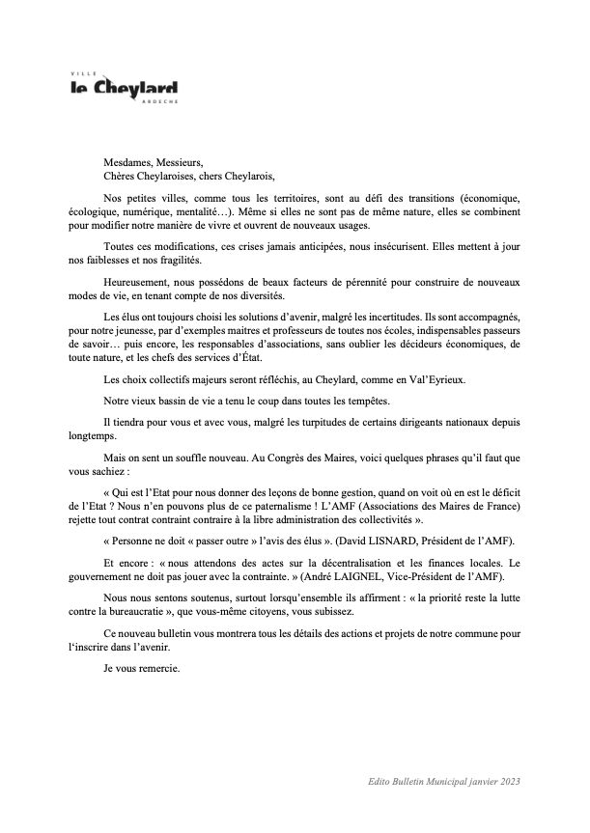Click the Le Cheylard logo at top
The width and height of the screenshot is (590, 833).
point(124,89)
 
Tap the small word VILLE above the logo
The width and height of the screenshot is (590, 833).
point(81,73)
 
